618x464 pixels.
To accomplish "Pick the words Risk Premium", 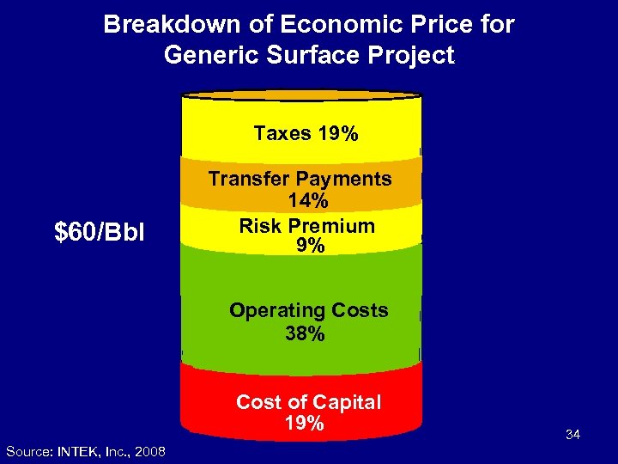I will point(306,226).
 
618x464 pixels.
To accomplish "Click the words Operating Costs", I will point(308,310).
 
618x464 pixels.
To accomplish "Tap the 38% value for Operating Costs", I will point(306,333).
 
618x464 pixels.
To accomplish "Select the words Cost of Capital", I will point(308,402).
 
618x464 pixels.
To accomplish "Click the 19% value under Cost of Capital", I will point(305,423).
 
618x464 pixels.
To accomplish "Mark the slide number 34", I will point(573,436).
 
